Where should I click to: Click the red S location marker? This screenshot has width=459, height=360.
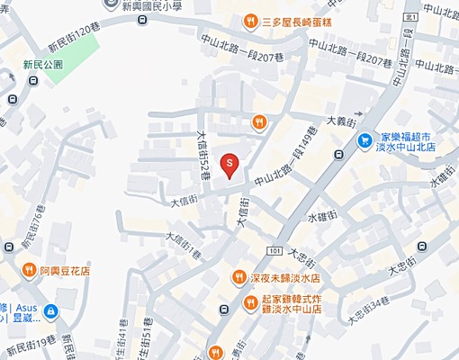(229, 164)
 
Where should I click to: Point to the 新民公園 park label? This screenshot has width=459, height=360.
(43, 65)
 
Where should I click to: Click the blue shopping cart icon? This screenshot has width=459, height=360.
(365, 139)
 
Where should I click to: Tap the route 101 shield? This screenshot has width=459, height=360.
(274, 248)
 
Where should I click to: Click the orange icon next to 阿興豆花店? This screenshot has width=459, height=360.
(27, 269)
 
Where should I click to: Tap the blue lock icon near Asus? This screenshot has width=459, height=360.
(51, 311)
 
